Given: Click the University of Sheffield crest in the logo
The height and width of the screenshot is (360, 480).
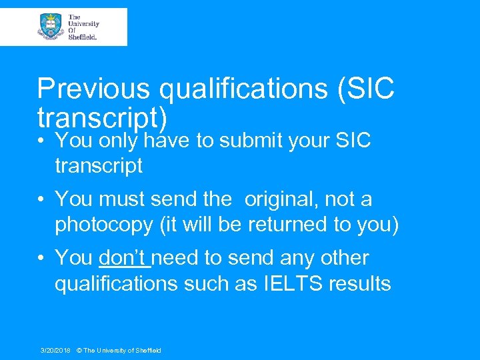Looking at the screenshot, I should [51, 27].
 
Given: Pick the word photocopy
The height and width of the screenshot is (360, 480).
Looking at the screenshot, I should [104, 225].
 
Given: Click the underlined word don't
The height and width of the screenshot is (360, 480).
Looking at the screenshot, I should [124, 257].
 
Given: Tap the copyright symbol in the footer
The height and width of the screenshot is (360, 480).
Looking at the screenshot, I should [79, 350].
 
